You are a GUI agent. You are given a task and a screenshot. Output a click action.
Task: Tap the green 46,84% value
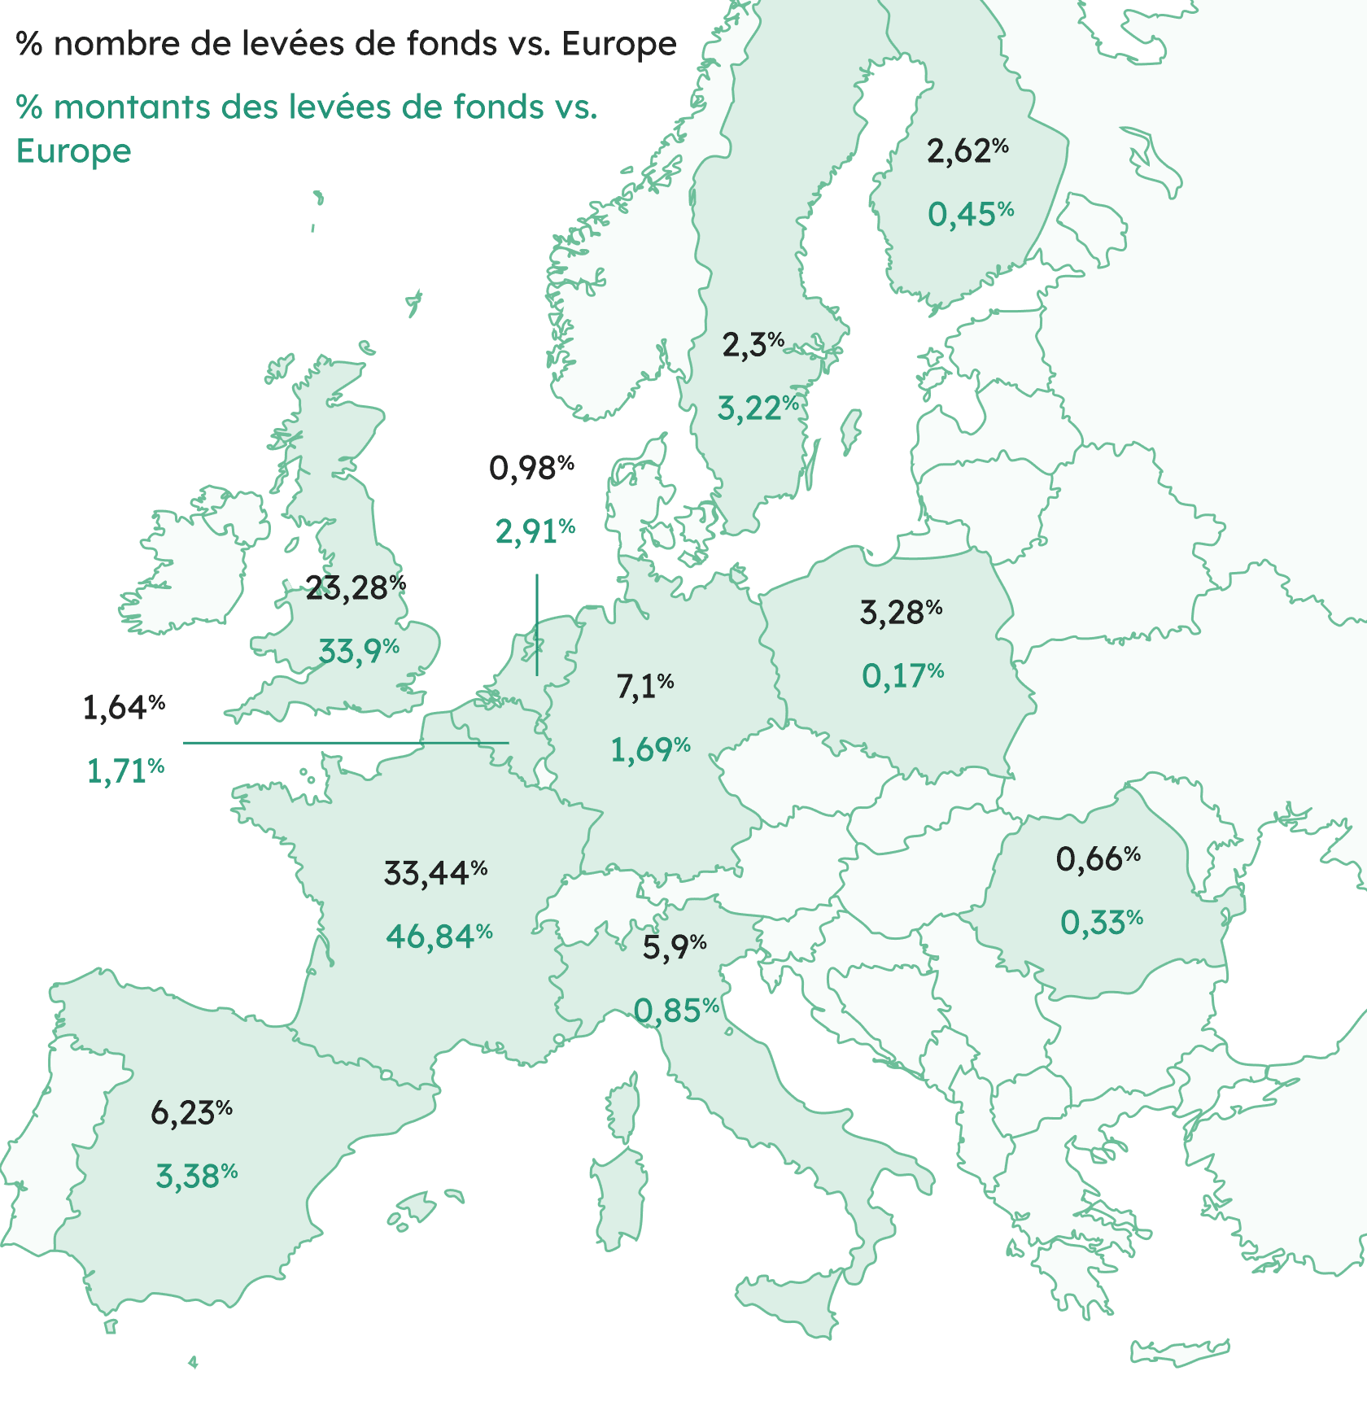coord(439,936)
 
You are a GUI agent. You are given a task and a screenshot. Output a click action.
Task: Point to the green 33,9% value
coord(358,651)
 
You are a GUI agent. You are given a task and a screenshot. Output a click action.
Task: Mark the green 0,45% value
coord(971,214)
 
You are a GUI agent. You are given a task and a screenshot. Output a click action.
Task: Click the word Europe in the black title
coord(619,44)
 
